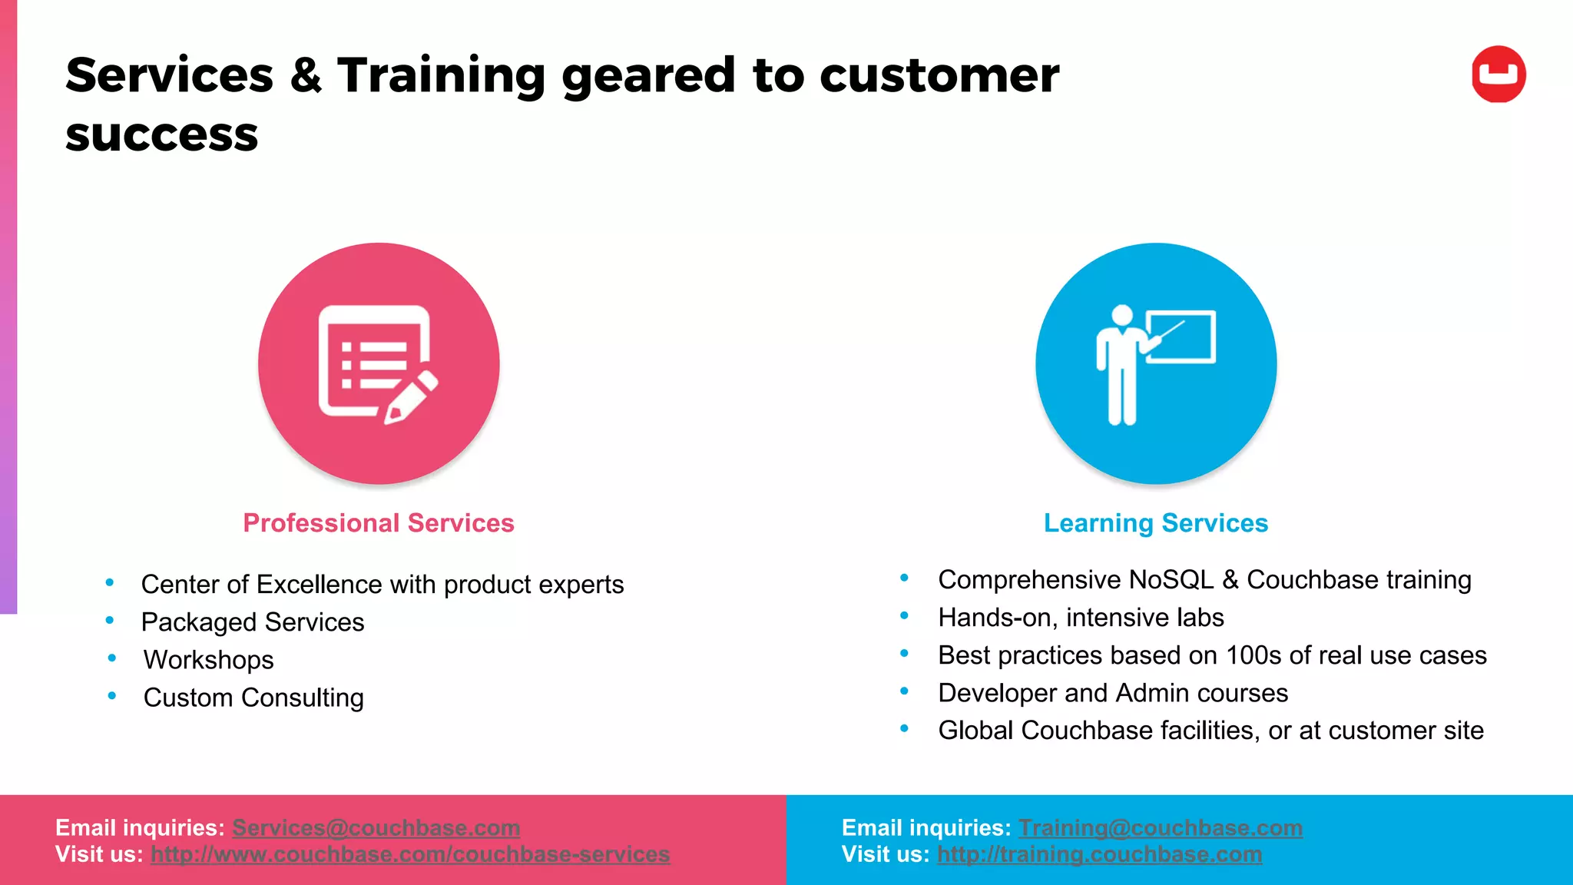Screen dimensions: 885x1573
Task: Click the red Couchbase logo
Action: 1498,75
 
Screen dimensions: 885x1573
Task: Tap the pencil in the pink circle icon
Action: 410,396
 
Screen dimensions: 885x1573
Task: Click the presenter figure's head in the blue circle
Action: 1122,316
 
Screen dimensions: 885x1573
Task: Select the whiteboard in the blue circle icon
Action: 1181,336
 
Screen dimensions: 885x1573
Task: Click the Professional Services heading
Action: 379,523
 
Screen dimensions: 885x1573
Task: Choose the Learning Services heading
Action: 1155,523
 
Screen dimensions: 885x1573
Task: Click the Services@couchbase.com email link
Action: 376,827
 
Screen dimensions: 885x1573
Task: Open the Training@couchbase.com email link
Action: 1160,827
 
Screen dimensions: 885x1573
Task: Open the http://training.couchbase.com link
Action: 1099,854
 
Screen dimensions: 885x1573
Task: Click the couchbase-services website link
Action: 410,854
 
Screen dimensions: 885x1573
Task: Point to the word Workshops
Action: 208,660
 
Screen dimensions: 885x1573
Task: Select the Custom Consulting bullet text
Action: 253,698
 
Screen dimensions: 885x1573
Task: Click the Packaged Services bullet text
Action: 253,622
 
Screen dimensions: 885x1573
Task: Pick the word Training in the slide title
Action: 441,75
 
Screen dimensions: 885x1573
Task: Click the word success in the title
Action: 161,135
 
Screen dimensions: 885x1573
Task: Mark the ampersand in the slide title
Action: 306,75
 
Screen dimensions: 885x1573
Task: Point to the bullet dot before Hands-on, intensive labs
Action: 904,615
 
